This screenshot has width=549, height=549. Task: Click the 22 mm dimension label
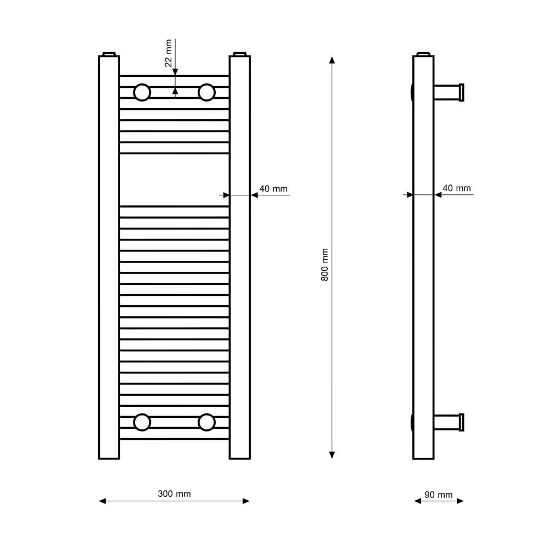click(169, 53)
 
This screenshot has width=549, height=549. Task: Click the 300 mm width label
click(174, 494)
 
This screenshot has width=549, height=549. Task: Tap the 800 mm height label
click(324, 265)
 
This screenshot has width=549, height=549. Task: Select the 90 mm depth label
click(438, 495)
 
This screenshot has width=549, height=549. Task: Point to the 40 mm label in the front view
click(273, 189)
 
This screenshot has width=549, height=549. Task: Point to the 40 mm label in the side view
click(457, 188)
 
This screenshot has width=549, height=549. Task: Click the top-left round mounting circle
click(142, 92)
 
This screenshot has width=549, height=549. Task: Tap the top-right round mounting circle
click(206, 92)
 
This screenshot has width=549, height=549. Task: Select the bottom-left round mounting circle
click(142, 422)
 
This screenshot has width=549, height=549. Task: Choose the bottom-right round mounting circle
click(206, 422)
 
